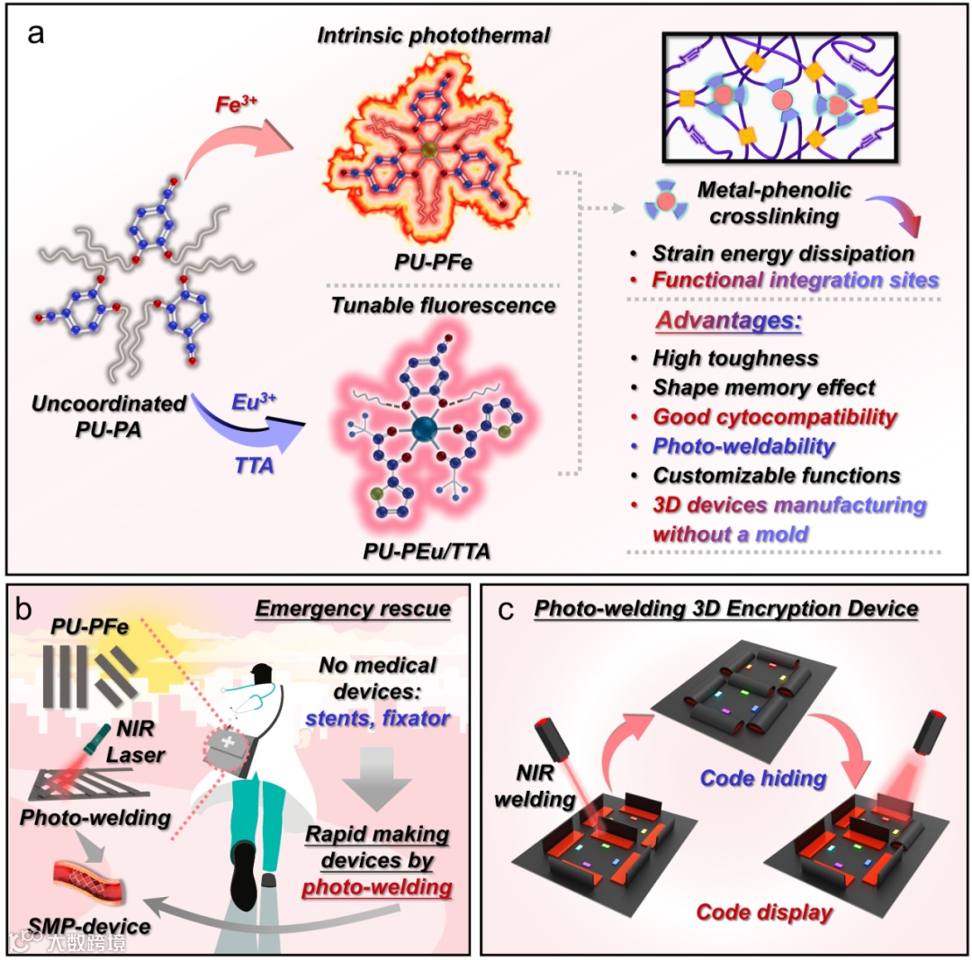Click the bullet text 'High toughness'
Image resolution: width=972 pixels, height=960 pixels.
point(736,358)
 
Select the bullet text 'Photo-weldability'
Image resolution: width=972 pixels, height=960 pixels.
point(744,445)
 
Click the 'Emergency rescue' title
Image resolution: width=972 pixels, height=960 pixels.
point(353,609)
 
